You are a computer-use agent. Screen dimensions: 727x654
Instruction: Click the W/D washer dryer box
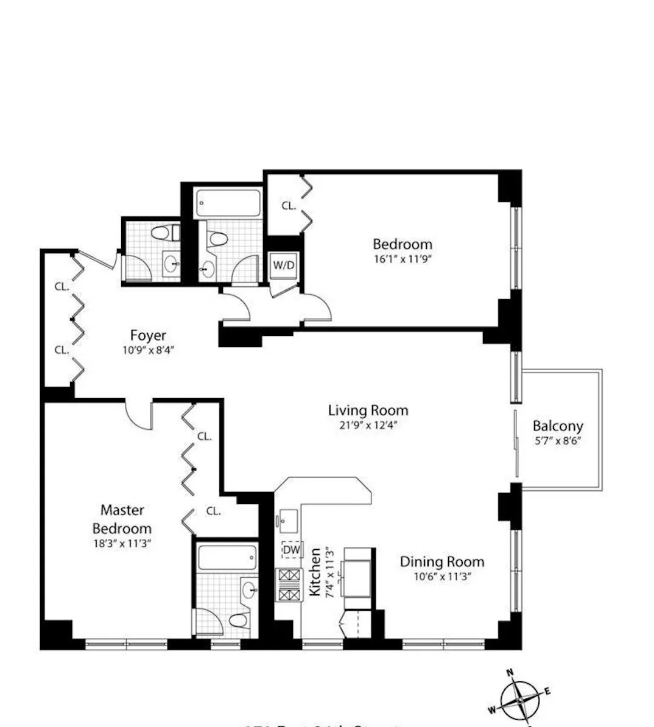283,266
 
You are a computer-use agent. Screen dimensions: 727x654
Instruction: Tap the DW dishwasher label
292,550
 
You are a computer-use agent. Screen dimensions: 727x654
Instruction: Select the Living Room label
368,410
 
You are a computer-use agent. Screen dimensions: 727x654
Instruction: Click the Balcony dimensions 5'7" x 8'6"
557,441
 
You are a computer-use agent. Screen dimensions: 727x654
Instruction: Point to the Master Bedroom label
122,519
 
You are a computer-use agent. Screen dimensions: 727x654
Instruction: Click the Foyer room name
148,335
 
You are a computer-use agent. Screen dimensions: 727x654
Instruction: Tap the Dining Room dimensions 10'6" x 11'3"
441,576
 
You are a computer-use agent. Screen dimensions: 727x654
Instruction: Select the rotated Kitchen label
315,572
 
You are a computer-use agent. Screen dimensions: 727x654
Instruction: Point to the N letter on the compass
510,672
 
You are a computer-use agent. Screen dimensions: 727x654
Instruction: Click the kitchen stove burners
289,584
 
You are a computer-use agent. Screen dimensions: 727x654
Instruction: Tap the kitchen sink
287,521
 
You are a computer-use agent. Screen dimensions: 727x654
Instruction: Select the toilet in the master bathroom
238,620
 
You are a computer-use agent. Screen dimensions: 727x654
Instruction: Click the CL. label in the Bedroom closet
289,206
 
